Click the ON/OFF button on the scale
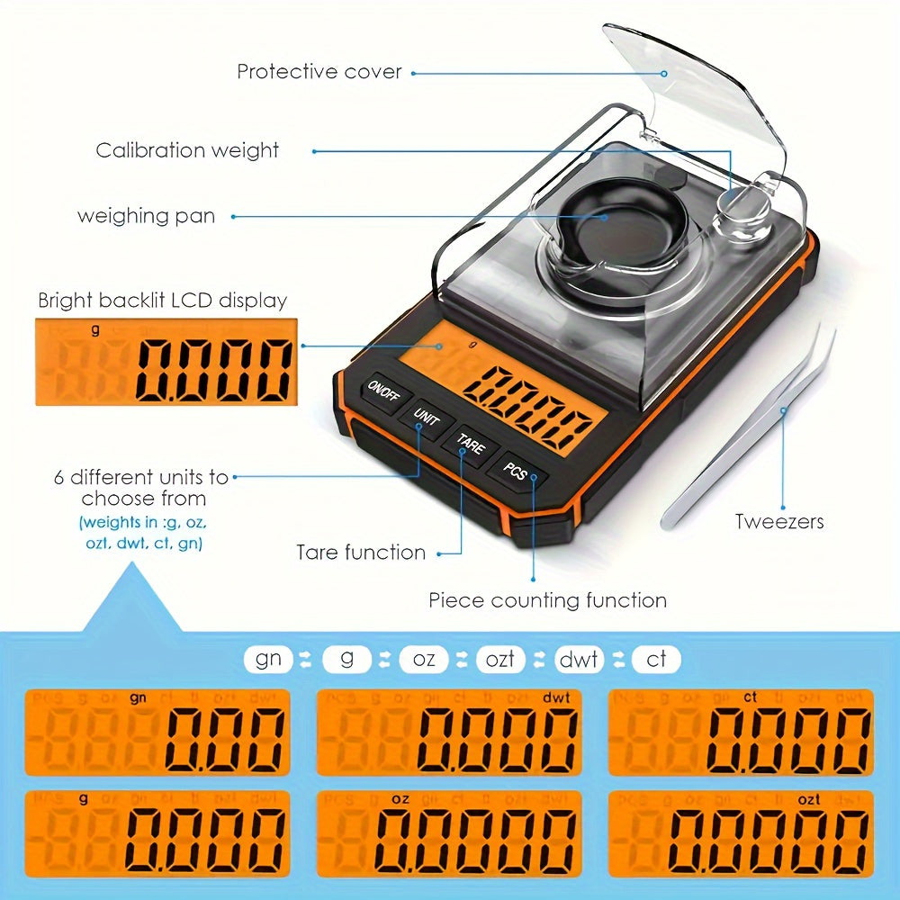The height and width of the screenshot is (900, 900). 384,394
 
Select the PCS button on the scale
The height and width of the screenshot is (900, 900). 516,470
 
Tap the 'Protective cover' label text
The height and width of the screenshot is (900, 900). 319,71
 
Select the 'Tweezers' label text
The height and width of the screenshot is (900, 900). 779,521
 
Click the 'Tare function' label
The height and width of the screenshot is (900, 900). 361,552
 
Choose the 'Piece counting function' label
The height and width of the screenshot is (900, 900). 547,600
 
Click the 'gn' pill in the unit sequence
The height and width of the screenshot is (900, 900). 268,659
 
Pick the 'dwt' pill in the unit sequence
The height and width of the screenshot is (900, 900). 578,659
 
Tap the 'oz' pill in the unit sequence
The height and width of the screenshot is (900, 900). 424,659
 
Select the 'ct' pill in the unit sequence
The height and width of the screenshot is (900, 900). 656,659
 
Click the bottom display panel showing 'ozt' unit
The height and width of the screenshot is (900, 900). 741,833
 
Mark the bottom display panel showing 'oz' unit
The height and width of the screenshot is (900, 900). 448,833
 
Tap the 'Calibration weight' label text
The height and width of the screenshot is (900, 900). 187,150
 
